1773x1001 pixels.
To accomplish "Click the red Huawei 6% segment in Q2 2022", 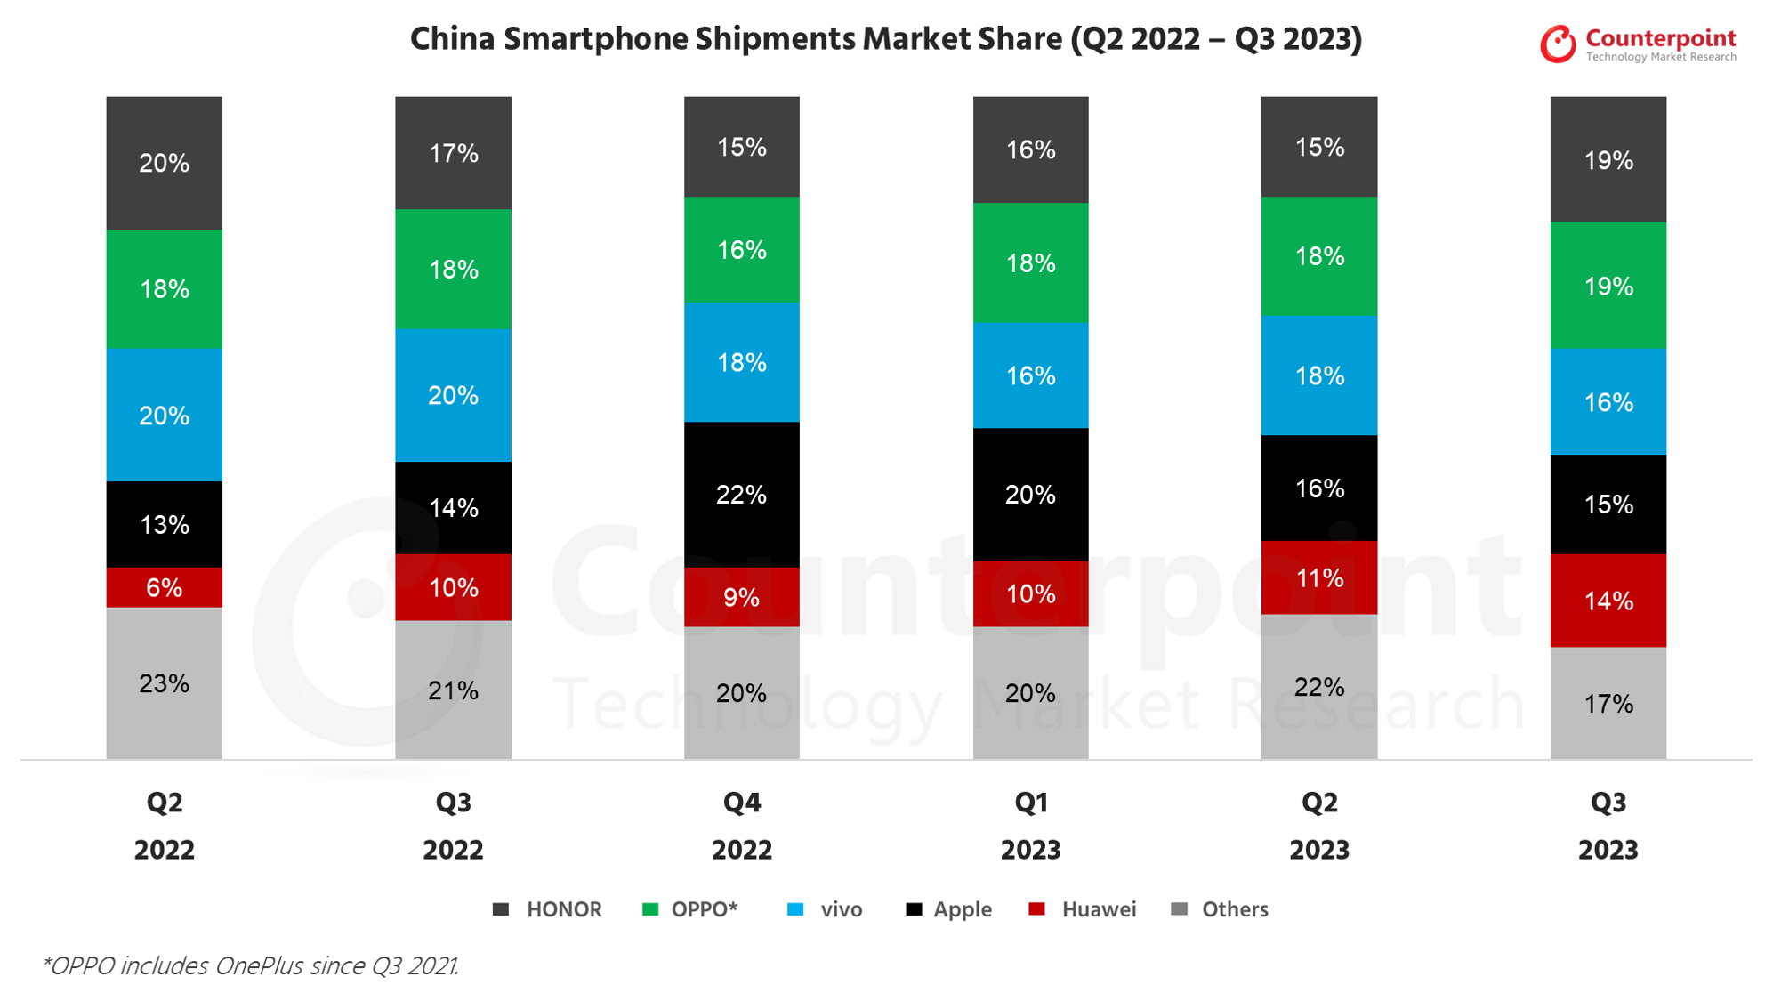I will pyautogui.click(x=164, y=587).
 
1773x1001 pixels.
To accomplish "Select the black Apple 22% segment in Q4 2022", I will pyautogui.click(x=741, y=494).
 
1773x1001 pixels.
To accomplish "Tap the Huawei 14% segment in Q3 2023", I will pyautogui.click(x=1608, y=601).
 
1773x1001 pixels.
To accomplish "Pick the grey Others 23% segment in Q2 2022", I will pyautogui.click(x=164, y=682).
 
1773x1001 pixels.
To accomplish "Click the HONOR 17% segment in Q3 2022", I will pyautogui.click(x=453, y=153).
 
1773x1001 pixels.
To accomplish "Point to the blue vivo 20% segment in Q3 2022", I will pyautogui.click(x=453, y=395).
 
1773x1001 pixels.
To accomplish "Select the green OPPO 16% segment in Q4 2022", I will pyautogui.click(x=741, y=249).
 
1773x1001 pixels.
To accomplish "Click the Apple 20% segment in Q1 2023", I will pyautogui.click(x=1030, y=494).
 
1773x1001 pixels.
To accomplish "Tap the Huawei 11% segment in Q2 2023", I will pyautogui.click(x=1318, y=577).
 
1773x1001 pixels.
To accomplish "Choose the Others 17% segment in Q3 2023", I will pyautogui.click(x=1608, y=703).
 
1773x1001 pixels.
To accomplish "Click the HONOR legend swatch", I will pyautogui.click(x=501, y=909).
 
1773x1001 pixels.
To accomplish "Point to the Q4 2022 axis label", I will pyautogui.click(x=741, y=826).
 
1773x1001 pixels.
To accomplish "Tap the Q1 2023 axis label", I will pyautogui.click(x=1030, y=826).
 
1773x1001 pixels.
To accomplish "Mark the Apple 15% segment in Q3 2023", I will pyautogui.click(x=1608, y=505).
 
